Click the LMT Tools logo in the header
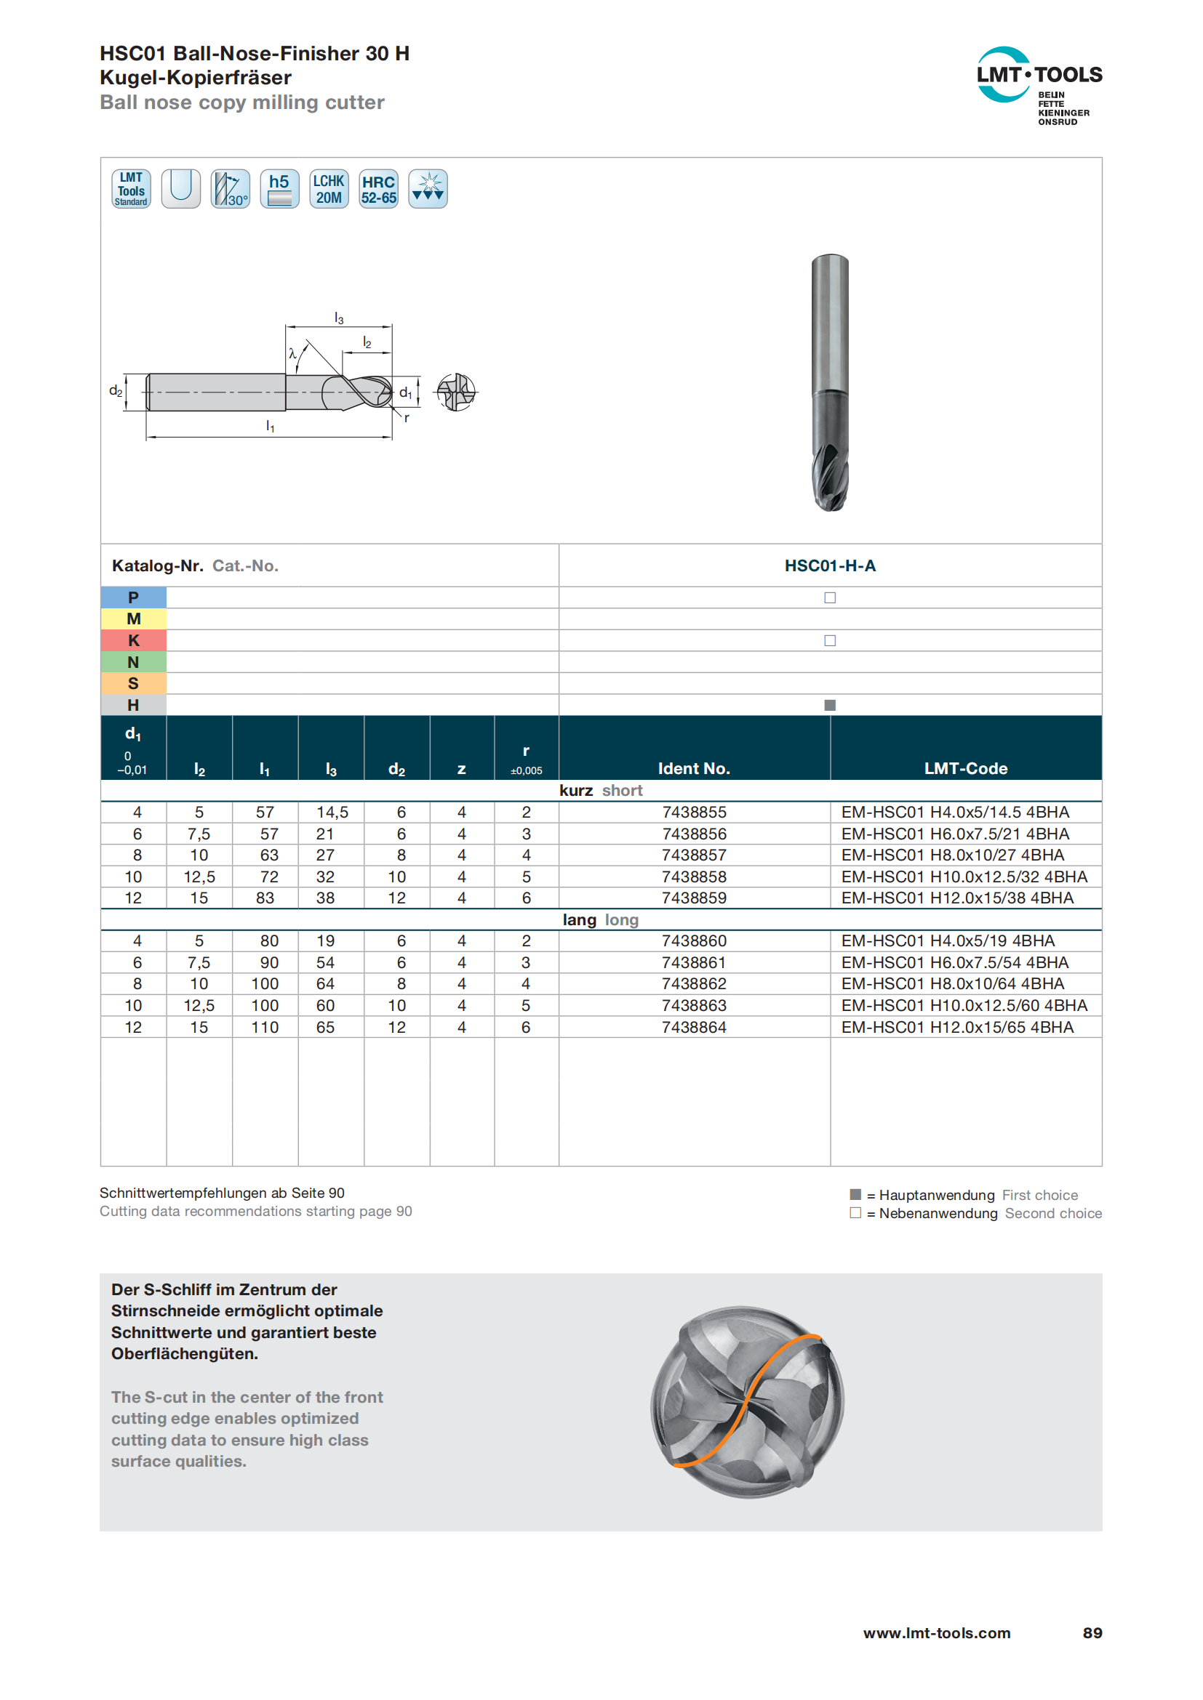(x=1039, y=86)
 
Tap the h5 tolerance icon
(x=279, y=189)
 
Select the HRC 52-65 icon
(x=378, y=189)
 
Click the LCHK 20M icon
(x=329, y=189)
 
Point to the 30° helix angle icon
(x=231, y=189)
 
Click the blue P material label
(x=133, y=597)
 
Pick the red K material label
(x=133, y=640)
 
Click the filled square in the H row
(x=830, y=705)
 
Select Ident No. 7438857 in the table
(x=694, y=855)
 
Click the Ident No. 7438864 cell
(x=694, y=1027)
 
